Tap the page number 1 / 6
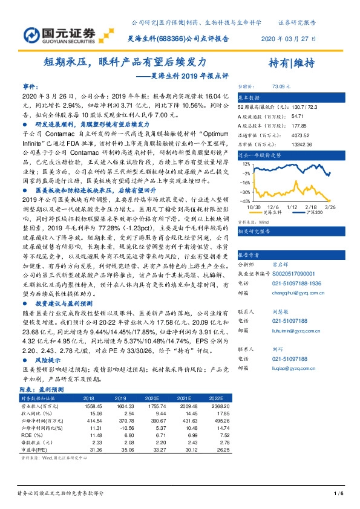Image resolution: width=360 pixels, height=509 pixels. click(338, 494)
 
